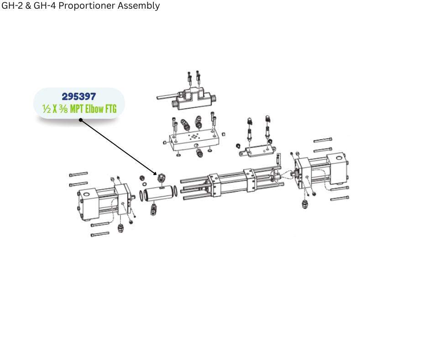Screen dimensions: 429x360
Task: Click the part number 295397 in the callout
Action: point(79,96)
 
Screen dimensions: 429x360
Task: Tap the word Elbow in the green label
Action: point(94,109)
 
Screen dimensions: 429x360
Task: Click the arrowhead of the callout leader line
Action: point(155,173)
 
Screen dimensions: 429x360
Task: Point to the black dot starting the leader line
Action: point(81,120)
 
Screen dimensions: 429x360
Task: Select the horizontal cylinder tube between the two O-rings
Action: point(158,193)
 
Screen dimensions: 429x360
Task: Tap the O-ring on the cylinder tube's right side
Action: point(175,191)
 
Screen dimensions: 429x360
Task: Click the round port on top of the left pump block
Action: point(86,195)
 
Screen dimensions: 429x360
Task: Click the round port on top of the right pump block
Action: point(339,158)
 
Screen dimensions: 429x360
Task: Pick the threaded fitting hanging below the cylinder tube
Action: point(153,209)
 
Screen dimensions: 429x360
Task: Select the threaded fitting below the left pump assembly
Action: point(120,228)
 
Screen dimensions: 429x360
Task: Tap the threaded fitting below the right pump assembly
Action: point(305,204)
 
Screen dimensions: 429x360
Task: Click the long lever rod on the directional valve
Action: point(167,96)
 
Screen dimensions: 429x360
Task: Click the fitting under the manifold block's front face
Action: point(199,153)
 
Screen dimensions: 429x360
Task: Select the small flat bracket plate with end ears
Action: point(257,151)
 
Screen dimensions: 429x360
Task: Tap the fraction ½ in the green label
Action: point(47,109)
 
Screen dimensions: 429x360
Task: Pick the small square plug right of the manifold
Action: point(223,134)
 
